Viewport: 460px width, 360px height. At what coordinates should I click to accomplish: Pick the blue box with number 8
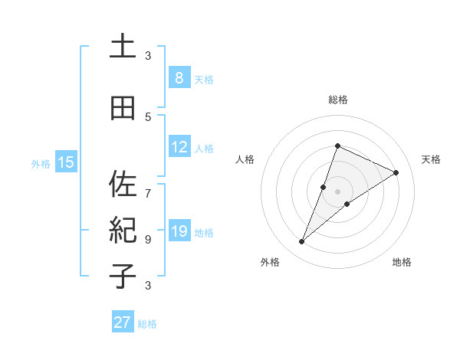tap(179, 78)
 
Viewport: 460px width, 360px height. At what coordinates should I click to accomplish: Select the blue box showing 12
tap(179, 147)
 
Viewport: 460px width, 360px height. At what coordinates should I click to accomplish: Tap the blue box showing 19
tap(179, 231)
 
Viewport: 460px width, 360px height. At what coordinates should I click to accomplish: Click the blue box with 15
tap(66, 162)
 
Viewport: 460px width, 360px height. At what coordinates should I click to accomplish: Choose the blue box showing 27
tap(122, 322)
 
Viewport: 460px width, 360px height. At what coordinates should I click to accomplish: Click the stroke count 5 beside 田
tap(148, 117)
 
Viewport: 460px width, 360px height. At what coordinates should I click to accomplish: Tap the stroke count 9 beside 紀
tap(148, 239)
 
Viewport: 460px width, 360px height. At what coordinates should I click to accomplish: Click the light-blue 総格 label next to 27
tap(147, 324)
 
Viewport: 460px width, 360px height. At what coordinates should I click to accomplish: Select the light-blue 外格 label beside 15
tap(41, 163)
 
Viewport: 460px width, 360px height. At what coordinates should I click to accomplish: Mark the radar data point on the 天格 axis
tap(396, 172)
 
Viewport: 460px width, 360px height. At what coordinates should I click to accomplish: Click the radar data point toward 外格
tap(302, 242)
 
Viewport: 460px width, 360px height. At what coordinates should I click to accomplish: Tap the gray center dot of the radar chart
tap(338, 191)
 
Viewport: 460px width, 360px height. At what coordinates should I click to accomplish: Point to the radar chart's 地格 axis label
tap(402, 263)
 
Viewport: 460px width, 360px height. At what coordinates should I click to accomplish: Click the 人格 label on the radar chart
tap(245, 159)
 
